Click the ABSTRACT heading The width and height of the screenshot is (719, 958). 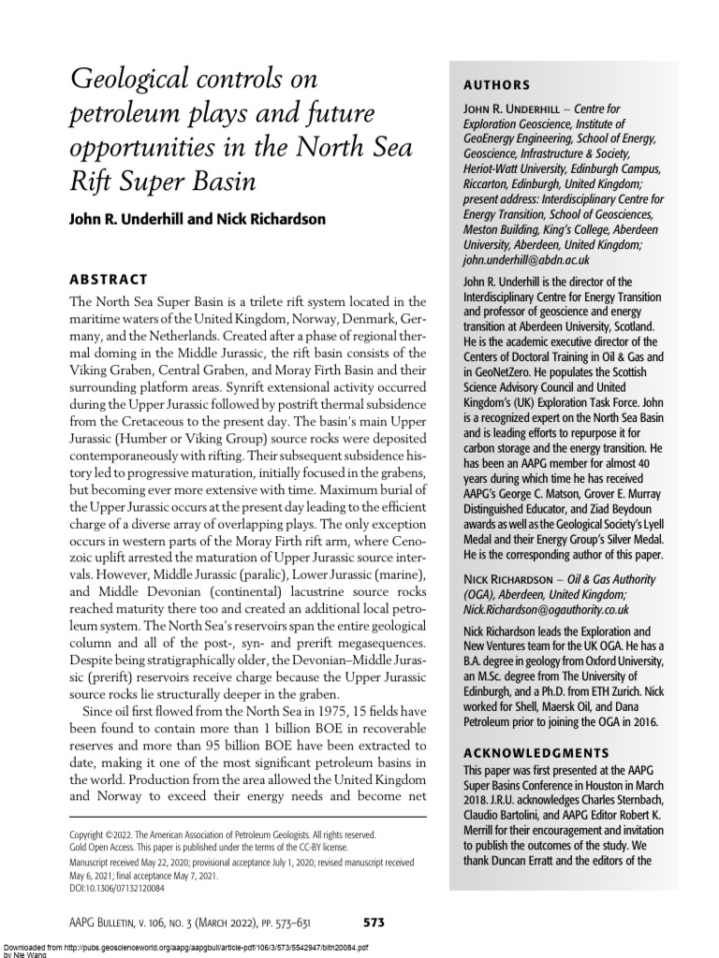coord(109,279)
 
